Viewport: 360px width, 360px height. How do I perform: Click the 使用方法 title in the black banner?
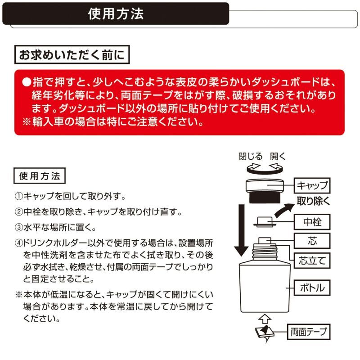(116, 14)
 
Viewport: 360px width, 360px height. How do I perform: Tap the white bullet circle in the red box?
(27, 83)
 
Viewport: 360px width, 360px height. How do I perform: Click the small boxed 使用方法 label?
(40, 175)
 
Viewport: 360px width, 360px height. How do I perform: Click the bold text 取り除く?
(313, 201)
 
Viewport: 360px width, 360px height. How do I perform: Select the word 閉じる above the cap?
(250, 157)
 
